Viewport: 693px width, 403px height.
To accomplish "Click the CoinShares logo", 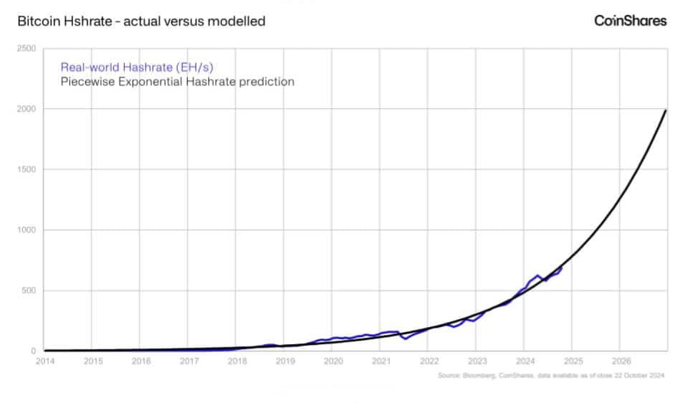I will [x=630, y=21].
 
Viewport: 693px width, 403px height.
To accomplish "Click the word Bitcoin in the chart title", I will [x=37, y=22].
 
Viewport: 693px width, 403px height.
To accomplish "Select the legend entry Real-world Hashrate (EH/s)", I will [x=136, y=67].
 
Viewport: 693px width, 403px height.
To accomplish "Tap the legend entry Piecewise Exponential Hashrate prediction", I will [x=177, y=82].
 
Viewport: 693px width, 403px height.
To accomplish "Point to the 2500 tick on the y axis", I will [x=27, y=48].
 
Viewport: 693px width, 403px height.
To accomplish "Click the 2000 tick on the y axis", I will [x=27, y=109].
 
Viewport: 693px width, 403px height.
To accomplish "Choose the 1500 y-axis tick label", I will [x=27, y=170].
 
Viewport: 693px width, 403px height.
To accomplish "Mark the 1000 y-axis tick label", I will [x=27, y=230].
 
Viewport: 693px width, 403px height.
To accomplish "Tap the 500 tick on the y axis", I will [x=29, y=291].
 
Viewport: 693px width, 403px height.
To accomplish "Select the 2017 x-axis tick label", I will [x=188, y=361].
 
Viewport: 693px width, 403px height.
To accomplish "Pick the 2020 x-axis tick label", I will [x=333, y=361].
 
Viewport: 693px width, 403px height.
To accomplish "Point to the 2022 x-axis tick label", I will [x=429, y=361].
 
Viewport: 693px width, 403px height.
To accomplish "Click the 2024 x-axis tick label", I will [x=525, y=361].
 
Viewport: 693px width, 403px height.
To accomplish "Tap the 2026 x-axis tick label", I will [x=621, y=361].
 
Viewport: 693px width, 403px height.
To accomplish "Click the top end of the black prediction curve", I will [x=666, y=110].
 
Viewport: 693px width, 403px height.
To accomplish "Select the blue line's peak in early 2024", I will [x=537, y=275].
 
